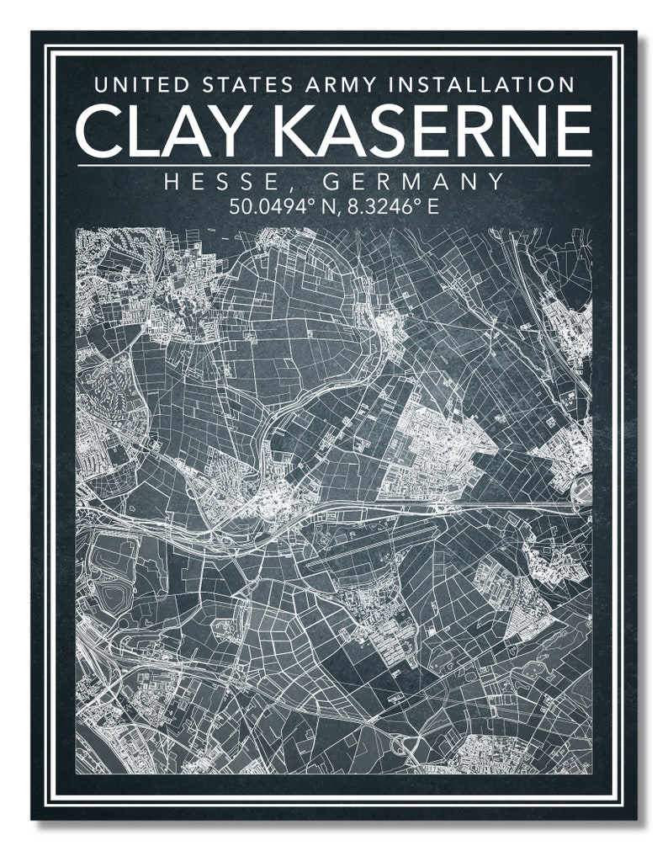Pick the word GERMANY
point(414,182)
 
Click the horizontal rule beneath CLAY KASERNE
point(334,165)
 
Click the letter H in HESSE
point(172,182)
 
